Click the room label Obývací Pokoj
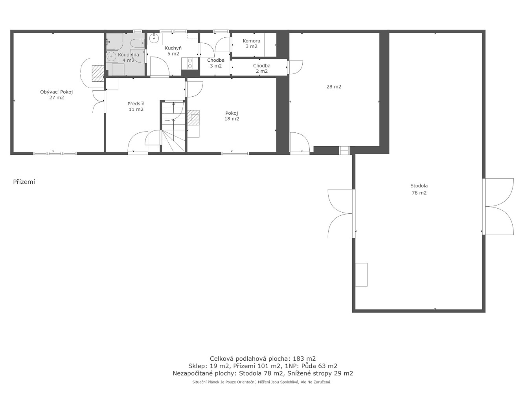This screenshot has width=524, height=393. coord(56,92)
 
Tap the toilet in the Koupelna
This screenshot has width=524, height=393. coord(137,43)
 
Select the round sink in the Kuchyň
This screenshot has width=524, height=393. coord(154,38)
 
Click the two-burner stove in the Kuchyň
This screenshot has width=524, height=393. coord(190,63)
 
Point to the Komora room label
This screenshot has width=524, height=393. coord(251,41)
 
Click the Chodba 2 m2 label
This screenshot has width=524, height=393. coord(262,68)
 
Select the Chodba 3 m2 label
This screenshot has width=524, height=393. coord(215,63)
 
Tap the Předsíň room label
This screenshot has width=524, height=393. coord(136,104)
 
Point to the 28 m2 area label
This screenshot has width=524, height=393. coord(334,86)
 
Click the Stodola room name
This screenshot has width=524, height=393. coord(419,185)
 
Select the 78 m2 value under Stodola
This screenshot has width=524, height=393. coord(419,193)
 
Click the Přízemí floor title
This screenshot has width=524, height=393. coord(24,182)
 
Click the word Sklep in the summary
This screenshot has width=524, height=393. coord(198,366)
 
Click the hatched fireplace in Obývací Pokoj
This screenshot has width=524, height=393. coord(97,73)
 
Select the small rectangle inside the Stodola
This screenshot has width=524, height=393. coord(361,275)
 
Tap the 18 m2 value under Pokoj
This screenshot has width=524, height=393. coord(232,119)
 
